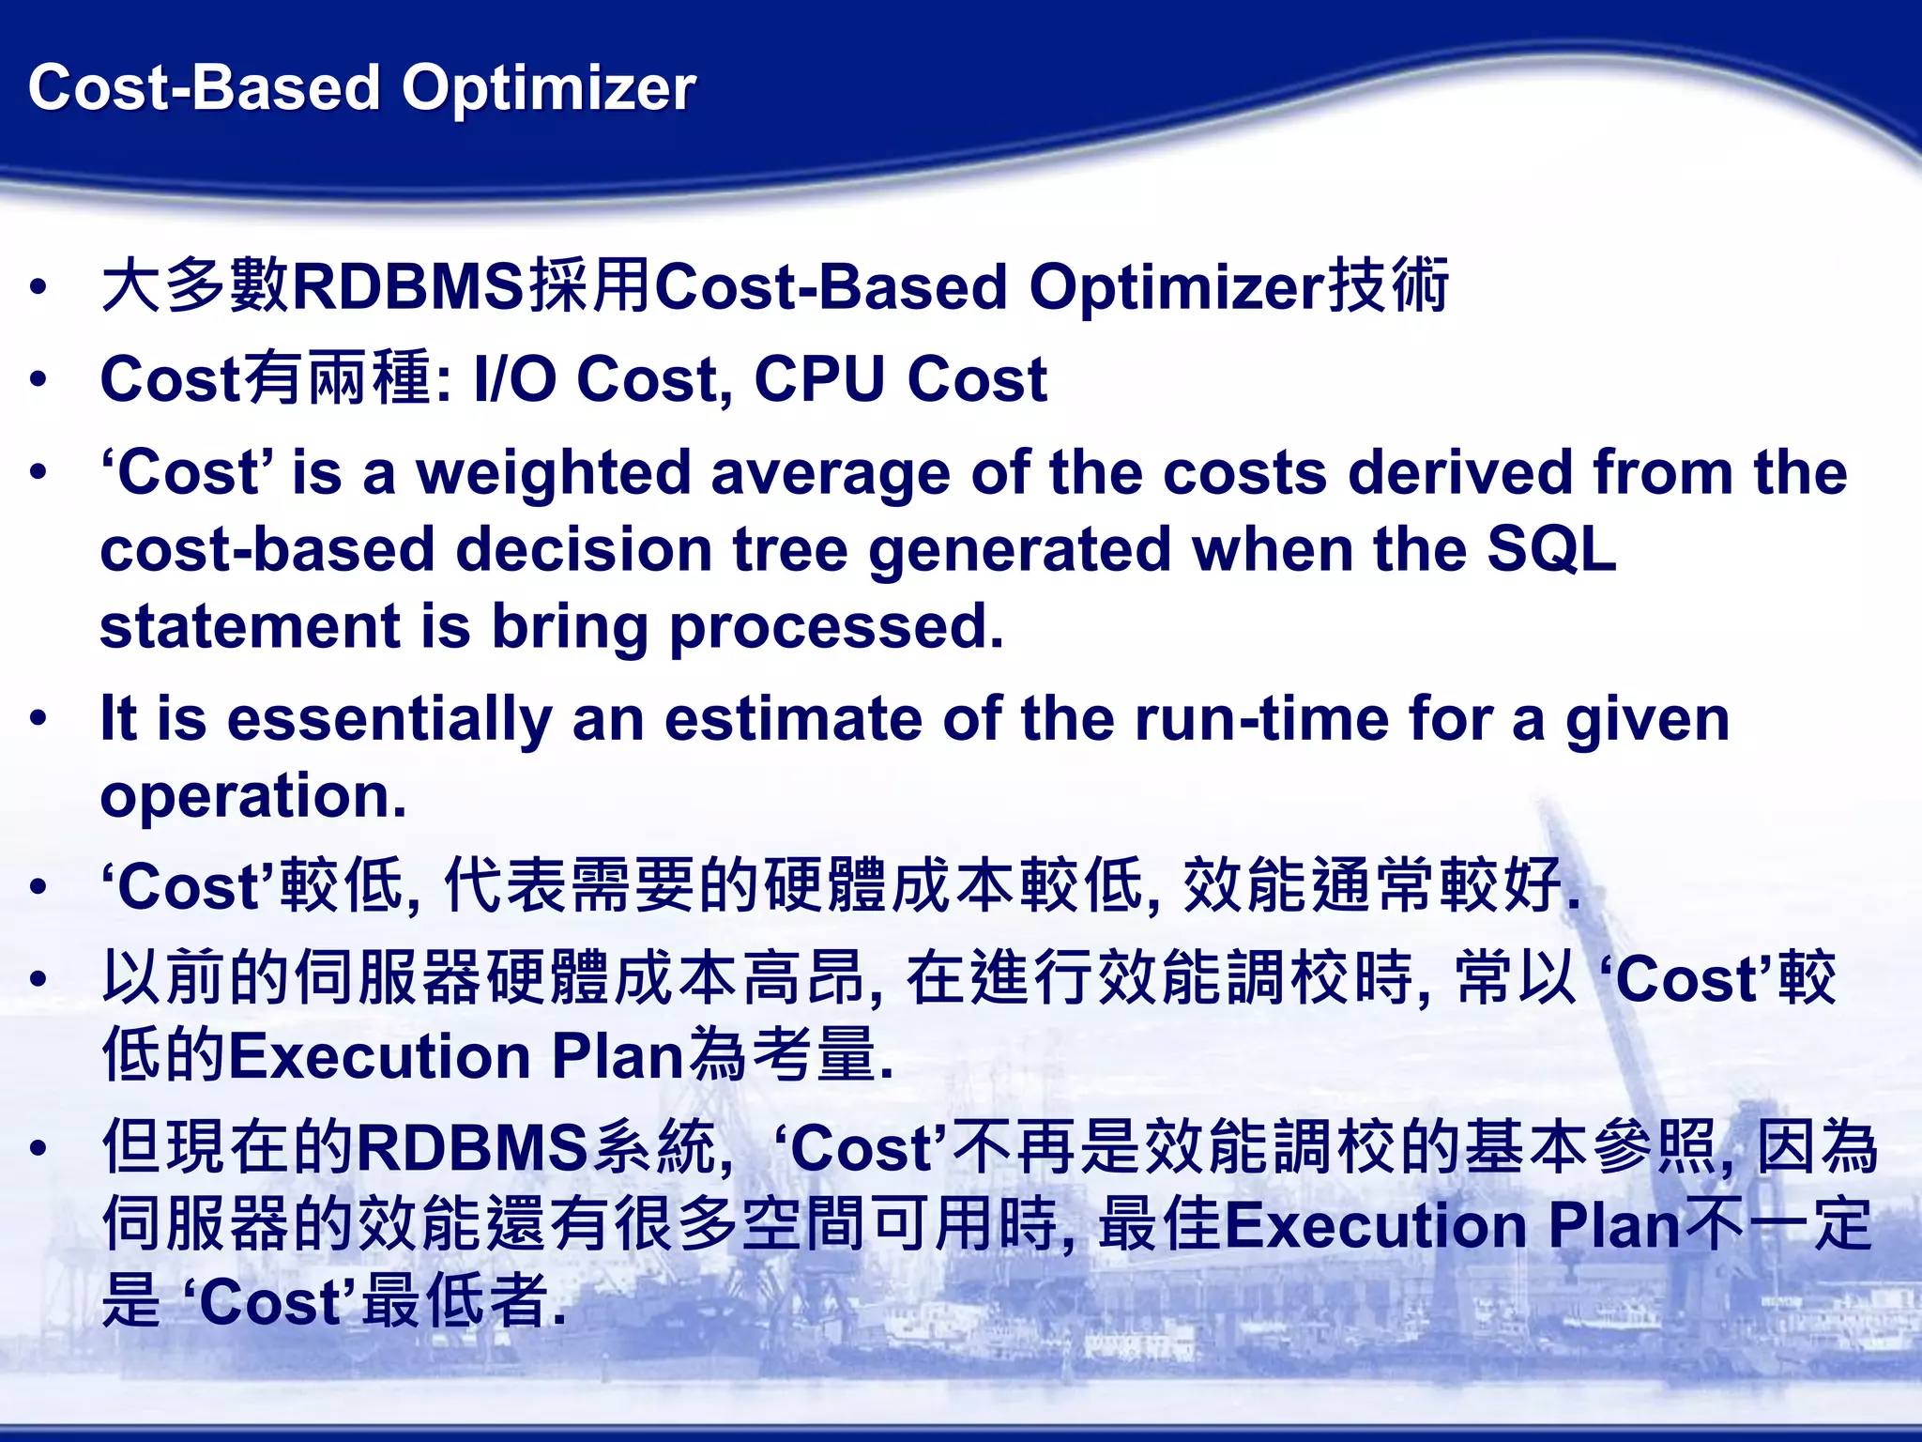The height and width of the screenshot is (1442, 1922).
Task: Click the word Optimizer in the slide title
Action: click(x=549, y=89)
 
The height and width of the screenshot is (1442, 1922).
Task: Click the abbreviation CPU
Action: click(x=820, y=379)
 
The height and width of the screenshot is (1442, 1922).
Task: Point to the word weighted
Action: click(x=554, y=473)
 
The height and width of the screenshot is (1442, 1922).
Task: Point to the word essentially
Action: click(x=389, y=720)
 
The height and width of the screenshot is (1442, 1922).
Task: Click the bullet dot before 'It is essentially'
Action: click(x=38, y=720)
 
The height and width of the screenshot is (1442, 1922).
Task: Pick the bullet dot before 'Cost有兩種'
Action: click(x=38, y=379)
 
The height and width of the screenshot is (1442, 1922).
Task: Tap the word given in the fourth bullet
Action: click(x=1647, y=720)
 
